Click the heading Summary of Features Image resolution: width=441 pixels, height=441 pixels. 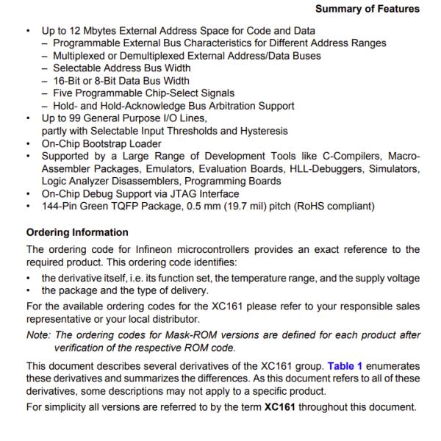click(x=367, y=9)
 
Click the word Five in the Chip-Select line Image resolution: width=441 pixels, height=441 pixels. click(x=64, y=93)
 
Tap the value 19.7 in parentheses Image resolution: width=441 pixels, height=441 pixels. click(x=245, y=206)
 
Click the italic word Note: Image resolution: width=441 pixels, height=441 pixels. click(x=39, y=335)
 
